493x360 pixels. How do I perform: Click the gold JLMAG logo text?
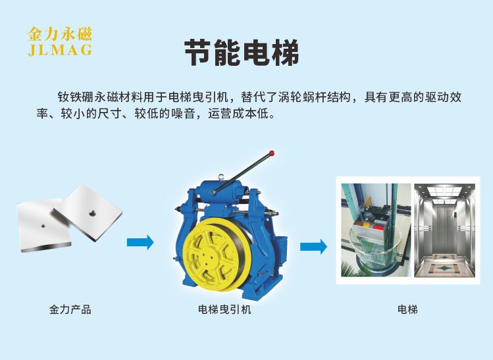[x=60, y=49]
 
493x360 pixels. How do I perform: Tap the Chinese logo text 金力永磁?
[x=60, y=34]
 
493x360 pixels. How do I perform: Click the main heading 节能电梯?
[x=242, y=53]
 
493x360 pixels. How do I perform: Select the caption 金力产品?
[x=70, y=310]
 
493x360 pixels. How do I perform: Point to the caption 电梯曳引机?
[x=224, y=310]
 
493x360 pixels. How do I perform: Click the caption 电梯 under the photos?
[x=407, y=310]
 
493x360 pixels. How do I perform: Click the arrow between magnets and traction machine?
[x=140, y=242]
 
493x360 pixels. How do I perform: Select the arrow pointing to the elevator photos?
[x=313, y=247]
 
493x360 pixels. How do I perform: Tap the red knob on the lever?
[x=272, y=153]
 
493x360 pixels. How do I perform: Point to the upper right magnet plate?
[x=88, y=213]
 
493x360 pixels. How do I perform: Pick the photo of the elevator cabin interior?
[x=444, y=230]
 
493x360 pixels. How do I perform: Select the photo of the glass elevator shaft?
[x=376, y=230]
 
